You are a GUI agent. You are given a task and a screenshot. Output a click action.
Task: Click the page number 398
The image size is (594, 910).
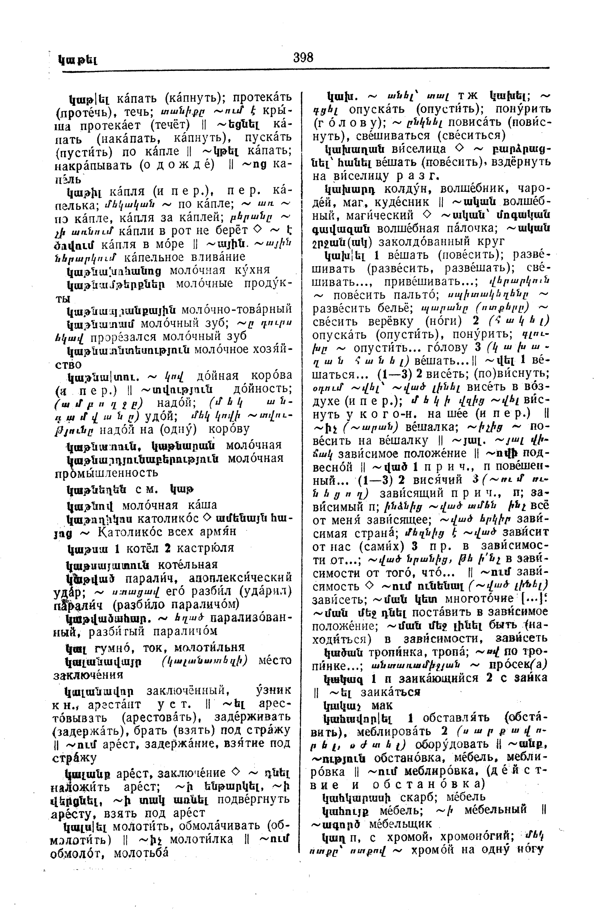[303, 58]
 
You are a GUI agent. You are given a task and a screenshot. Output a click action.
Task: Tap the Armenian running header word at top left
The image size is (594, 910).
[78, 60]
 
